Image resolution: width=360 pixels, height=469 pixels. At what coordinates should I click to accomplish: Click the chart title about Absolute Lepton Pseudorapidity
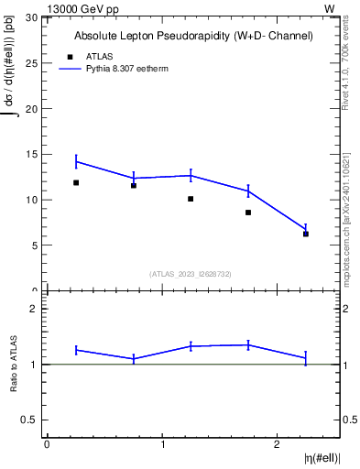click(193, 36)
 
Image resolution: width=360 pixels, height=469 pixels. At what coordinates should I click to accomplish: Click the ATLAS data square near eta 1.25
click(191, 199)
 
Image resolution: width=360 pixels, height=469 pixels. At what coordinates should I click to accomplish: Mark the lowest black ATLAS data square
click(306, 234)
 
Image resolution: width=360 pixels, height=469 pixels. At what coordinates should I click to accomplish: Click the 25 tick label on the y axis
click(33, 63)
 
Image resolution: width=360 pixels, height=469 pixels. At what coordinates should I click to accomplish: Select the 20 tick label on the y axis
click(33, 109)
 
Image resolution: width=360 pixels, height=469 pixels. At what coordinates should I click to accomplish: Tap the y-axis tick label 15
click(33, 155)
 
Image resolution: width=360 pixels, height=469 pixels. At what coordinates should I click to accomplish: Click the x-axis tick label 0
click(47, 445)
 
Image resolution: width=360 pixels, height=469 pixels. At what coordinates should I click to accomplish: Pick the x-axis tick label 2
click(278, 445)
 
